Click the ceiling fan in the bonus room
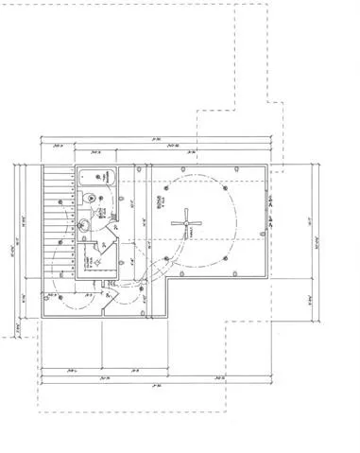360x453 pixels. [x=185, y=223]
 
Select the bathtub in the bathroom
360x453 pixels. [x=94, y=176]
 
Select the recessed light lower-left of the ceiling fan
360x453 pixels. [x=165, y=258]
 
